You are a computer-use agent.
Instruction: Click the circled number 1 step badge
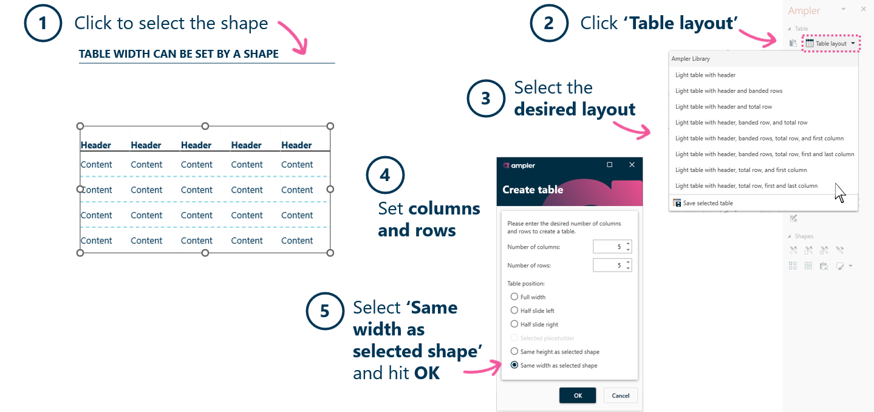(43, 24)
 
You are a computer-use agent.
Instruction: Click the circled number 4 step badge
(385, 176)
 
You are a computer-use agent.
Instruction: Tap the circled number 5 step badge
(325, 311)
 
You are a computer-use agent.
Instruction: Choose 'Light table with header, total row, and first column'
(741, 170)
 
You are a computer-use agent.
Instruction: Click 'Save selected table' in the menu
(708, 203)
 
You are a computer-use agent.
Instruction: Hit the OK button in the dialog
(577, 396)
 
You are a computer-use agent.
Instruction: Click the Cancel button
(620, 396)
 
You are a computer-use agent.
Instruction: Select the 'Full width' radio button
(514, 297)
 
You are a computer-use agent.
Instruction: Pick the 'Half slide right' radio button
(514, 324)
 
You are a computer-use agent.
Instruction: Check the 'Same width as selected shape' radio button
(514, 365)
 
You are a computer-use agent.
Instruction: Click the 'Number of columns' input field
(609, 247)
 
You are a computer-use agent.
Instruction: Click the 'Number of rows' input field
(609, 266)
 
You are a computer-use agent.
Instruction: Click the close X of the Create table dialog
(632, 165)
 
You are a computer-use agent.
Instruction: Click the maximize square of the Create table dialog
(609, 165)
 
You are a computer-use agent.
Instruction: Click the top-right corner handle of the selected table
(330, 126)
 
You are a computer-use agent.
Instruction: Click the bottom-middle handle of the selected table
(205, 253)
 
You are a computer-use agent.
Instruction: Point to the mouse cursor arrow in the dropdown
(840, 192)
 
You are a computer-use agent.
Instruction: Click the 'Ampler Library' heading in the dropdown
(691, 59)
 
